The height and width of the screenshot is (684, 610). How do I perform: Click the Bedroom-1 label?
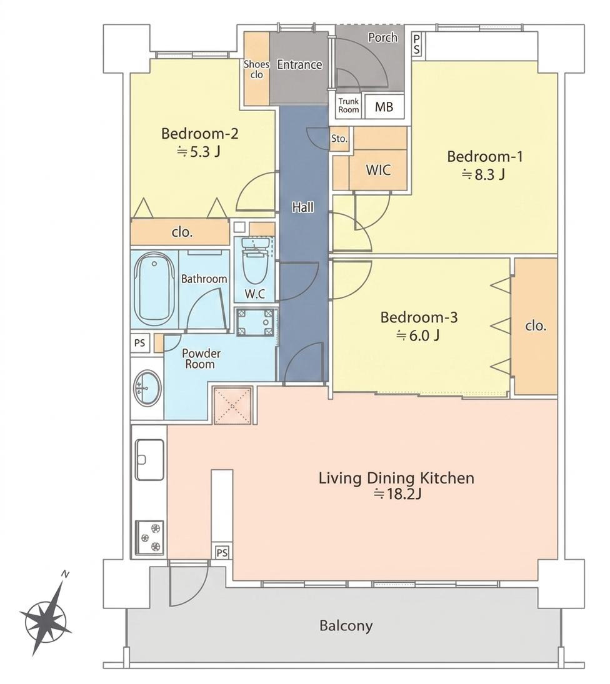(x=484, y=156)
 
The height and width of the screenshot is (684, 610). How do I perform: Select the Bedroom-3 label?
(x=419, y=317)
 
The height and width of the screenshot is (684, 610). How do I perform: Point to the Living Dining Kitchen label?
(x=396, y=478)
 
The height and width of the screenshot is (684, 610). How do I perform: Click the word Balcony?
(x=346, y=626)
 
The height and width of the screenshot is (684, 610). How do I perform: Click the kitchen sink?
(x=149, y=460)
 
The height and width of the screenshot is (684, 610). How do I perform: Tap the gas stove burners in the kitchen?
(x=149, y=538)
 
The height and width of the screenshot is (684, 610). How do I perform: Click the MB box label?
(x=384, y=106)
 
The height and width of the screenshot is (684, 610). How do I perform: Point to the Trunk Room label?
(x=349, y=106)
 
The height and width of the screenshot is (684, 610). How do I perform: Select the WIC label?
(x=378, y=170)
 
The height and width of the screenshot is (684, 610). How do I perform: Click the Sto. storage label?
(x=339, y=139)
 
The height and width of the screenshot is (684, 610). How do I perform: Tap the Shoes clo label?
(x=257, y=69)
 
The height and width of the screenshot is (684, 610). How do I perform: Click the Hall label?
(x=303, y=207)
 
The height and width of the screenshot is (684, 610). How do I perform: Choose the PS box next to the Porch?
(x=417, y=44)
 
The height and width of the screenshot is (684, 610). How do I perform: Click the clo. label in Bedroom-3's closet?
(x=536, y=326)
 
